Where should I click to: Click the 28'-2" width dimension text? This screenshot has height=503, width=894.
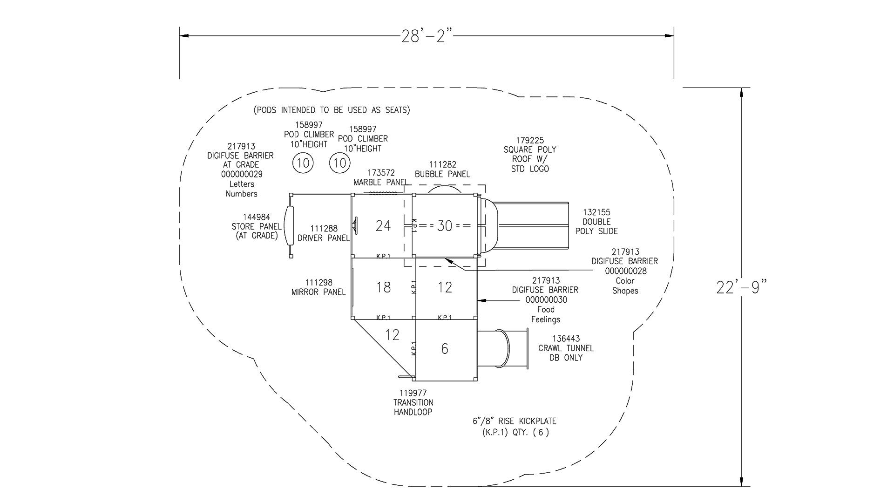(427, 36)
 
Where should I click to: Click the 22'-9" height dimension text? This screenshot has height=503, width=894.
(741, 287)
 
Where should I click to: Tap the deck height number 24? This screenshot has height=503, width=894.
(383, 226)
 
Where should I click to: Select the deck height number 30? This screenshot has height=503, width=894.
(445, 226)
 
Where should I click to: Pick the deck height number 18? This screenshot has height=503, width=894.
(383, 287)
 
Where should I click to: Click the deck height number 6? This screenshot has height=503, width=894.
(445, 348)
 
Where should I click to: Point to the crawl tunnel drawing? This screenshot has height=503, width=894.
(503, 349)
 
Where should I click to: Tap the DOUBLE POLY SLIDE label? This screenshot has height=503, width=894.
(596, 222)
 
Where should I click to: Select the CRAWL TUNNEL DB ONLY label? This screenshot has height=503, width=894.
(566, 348)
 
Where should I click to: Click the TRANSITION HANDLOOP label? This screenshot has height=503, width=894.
(413, 402)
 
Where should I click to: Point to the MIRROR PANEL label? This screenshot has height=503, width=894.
(318, 287)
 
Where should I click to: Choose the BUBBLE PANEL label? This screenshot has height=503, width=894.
(442, 170)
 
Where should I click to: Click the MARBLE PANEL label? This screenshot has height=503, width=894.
(381, 177)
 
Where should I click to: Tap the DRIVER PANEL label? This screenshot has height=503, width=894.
(324, 233)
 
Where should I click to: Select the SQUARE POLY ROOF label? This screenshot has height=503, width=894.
(530, 155)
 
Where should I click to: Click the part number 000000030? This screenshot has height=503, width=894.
(546, 300)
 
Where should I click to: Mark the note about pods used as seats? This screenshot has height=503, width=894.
(332, 110)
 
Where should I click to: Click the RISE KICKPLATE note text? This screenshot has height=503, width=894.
(515, 426)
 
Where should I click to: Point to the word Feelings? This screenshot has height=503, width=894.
(546, 319)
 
